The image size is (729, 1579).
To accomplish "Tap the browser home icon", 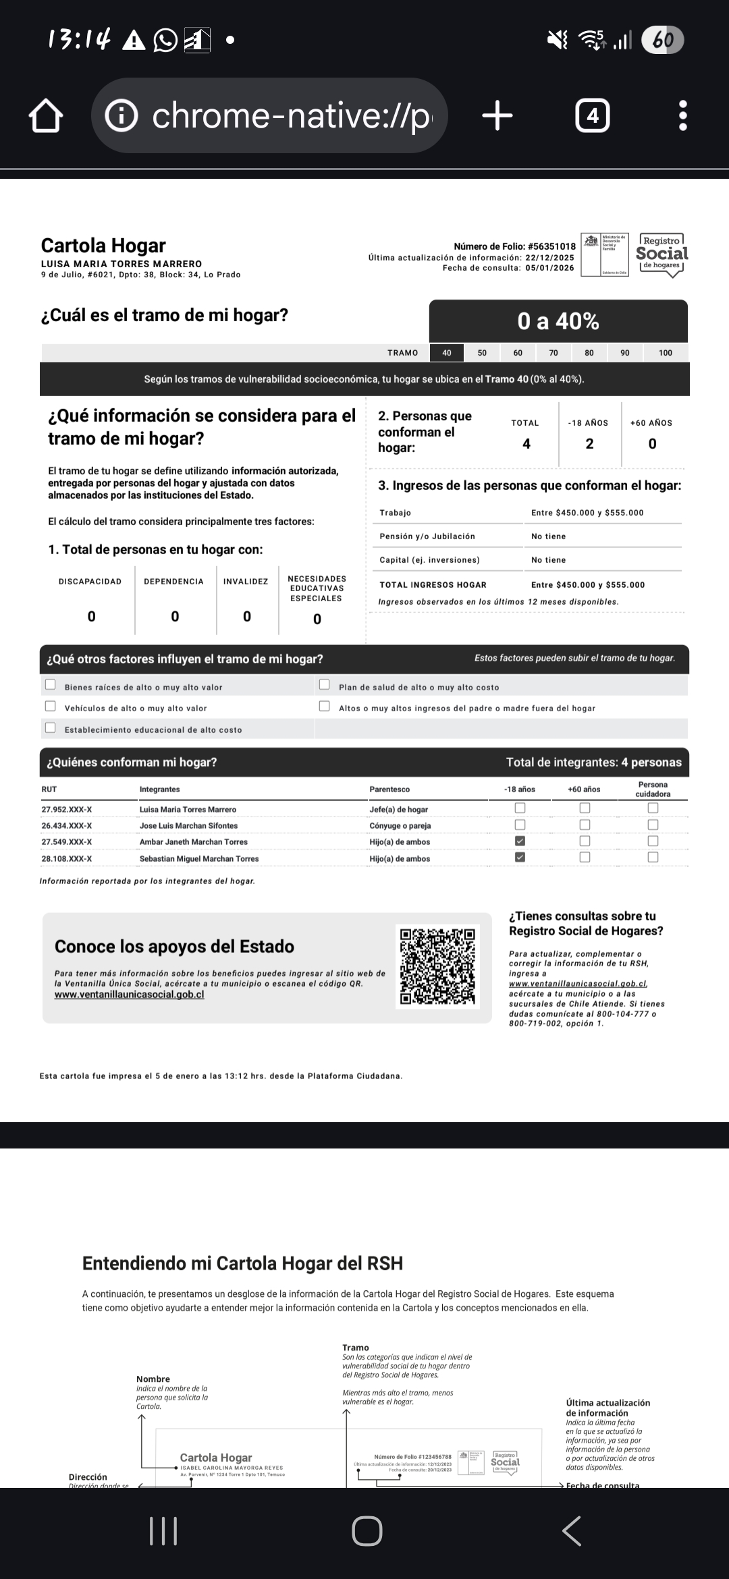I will (46, 116).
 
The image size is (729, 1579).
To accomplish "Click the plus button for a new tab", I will (497, 116).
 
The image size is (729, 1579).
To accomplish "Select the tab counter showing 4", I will (592, 116).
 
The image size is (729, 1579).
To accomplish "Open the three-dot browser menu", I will (683, 116).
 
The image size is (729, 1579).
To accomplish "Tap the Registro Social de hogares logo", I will (661, 254).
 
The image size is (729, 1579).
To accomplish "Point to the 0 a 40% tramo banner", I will (558, 321).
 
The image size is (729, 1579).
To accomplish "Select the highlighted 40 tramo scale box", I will (446, 353).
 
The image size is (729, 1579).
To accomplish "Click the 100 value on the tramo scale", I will (665, 353).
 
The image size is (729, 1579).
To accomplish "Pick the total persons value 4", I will (526, 444).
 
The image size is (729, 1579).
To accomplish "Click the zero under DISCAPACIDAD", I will (92, 616).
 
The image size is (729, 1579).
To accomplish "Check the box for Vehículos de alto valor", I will (51, 707).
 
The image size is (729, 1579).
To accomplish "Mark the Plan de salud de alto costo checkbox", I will (325, 685).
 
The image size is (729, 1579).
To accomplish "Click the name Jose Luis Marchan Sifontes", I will (188, 825).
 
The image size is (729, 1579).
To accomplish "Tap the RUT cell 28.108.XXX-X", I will (67, 859).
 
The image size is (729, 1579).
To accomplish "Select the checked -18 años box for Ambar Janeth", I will (520, 841).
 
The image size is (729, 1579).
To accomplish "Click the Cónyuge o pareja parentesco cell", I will (400, 825).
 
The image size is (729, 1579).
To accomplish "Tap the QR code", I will (438, 966).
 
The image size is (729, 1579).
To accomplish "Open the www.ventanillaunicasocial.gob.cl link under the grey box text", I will (129, 995).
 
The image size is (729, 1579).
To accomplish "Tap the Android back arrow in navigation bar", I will (572, 1530).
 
